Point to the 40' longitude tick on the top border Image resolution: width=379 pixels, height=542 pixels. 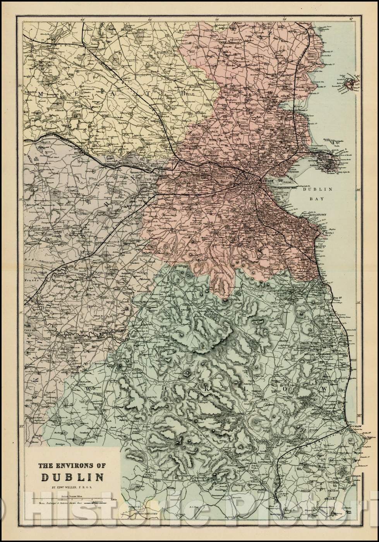[82, 19]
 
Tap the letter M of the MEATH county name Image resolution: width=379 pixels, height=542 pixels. [40, 93]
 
